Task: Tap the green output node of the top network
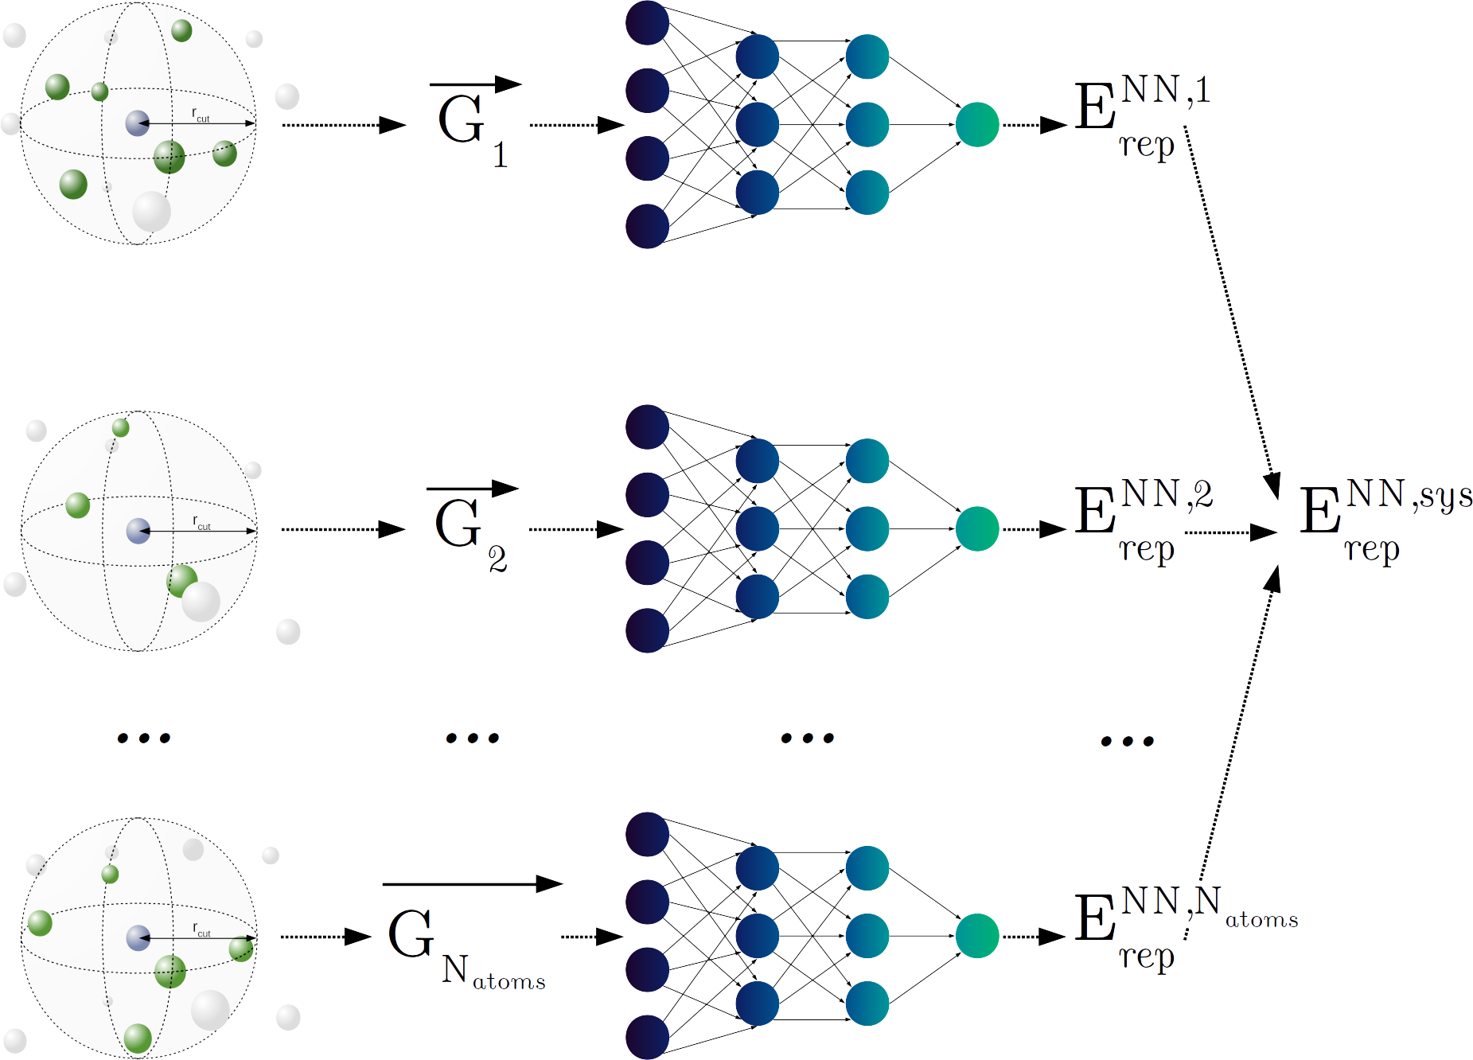[977, 125]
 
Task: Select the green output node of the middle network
[977, 529]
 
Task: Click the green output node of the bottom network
[977, 936]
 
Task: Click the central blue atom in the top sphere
[138, 123]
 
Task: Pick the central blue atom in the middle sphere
[138, 531]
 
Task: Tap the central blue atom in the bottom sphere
[138, 937]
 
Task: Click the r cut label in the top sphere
[201, 115]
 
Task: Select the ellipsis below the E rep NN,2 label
[1127, 742]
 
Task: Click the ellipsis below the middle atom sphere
[144, 738]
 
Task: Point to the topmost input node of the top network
[647, 22]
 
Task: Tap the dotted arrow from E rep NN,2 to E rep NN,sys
[1230, 532]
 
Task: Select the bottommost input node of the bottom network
[647, 1037]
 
